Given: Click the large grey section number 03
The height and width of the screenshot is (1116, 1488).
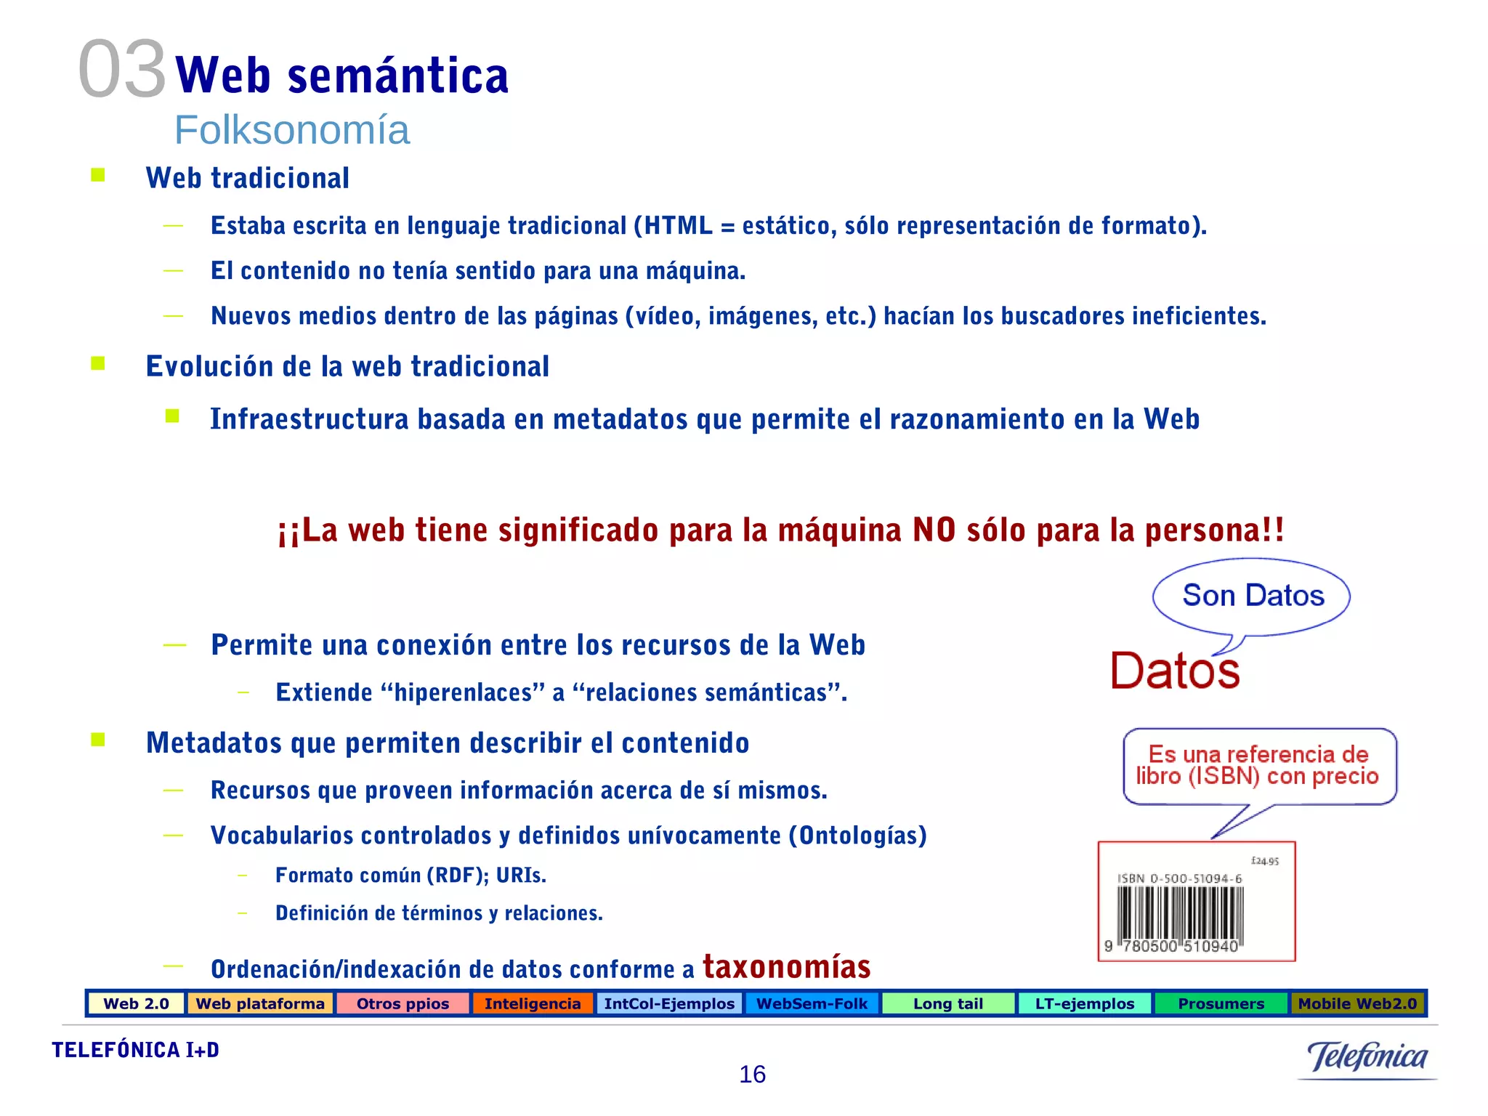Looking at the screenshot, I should point(122,70).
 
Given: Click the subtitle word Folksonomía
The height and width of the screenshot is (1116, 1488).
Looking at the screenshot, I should point(291,130).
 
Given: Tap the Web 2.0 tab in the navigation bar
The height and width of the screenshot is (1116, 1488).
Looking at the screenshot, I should point(136,1003).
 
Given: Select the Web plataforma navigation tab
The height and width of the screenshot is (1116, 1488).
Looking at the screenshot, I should point(260,1003).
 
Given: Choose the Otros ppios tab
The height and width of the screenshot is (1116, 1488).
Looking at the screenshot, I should point(403,1003).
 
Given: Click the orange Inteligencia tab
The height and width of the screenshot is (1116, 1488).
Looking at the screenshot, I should point(533,1003).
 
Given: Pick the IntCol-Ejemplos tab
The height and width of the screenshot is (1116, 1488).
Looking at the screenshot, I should point(669,1003).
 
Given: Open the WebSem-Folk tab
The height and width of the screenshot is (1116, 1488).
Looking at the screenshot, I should point(812,1003).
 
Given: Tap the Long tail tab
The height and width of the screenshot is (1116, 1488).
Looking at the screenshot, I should point(947,1003).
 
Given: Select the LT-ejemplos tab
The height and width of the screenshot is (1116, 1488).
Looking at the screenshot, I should point(1084,1003).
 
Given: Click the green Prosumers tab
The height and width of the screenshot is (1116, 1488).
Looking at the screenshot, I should point(1221,1003).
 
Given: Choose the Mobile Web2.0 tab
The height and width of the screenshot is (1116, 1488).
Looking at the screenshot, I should point(1357,1003).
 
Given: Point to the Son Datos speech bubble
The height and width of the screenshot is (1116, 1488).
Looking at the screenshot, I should point(1253,596).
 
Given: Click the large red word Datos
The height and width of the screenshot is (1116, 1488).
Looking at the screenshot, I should point(1175,670).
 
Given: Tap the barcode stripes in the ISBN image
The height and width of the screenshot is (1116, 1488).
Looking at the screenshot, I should point(1180,913).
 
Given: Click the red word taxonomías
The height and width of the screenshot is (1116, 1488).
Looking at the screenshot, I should point(786,966).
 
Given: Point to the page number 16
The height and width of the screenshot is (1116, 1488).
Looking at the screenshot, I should point(752,1074).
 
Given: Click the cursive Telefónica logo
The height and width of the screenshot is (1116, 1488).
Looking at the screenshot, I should point(1367,1057).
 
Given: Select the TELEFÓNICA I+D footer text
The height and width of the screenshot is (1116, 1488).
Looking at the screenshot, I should point(136,1050).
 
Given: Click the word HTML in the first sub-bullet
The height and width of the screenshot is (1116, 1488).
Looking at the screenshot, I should point(678,226).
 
